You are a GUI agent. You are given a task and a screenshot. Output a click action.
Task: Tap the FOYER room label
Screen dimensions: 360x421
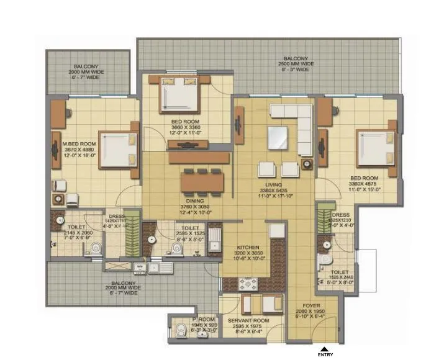click(311, 306)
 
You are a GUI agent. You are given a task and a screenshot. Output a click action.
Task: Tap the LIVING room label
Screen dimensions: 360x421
click(271, 186)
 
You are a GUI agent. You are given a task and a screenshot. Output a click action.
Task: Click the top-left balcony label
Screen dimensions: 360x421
click(88, 70)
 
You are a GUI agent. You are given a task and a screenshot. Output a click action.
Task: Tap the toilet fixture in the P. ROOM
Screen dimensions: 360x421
click(179, 329)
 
